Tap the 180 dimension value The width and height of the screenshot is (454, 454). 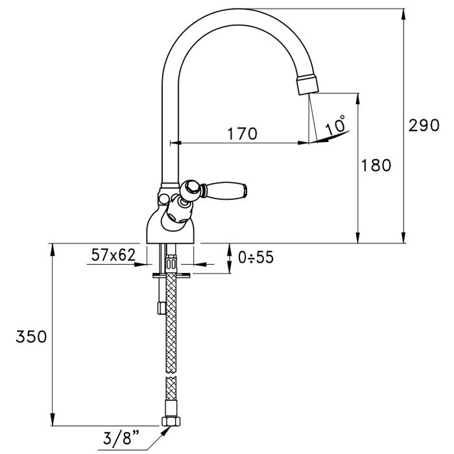coord(377,165)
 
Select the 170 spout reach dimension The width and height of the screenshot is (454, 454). coord(243,134)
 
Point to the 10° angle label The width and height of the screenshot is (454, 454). coord(335,125)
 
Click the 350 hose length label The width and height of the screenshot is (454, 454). coord(31,337)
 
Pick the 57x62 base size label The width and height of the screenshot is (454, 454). coord(112,256)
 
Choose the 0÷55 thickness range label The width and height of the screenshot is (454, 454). coord(256,257)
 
